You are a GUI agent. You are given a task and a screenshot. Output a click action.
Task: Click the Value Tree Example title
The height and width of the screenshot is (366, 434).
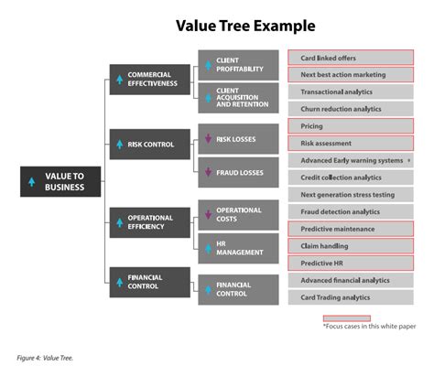[x=245, y=26]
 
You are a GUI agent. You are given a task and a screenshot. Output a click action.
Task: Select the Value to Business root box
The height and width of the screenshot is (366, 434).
[x=60, y=181]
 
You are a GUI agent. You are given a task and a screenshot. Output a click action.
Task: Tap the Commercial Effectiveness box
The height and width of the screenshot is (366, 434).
[x=150, y=80]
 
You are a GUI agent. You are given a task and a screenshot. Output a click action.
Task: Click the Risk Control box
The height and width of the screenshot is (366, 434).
[x=150, y=145]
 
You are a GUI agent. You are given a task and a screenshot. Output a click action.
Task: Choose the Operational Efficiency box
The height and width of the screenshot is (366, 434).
[x=150, y=222]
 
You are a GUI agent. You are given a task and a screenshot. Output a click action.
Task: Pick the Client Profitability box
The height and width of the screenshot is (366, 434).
[x=238, y=65]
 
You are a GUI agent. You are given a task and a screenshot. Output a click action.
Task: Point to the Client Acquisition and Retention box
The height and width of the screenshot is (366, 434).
[x=238, y=98]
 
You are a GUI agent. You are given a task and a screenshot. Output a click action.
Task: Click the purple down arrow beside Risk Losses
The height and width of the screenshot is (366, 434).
[x=208, y=138]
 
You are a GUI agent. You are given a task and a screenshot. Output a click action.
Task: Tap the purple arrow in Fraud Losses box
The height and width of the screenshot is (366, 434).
[x=208, y=172]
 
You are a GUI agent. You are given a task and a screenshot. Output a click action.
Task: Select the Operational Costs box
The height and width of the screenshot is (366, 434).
[x=238, y=215]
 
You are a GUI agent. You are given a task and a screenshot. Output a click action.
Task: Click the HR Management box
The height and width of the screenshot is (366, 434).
[x=238, y=248]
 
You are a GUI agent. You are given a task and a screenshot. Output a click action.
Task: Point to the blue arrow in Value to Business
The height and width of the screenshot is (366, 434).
[x=32, y=182]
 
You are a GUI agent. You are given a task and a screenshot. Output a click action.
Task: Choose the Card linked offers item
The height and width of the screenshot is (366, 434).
[x=351, y=58]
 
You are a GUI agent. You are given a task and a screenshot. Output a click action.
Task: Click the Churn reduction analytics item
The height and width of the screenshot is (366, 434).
[x=351, y=109]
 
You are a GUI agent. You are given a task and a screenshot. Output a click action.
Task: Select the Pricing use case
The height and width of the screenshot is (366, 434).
[x=351, y=126]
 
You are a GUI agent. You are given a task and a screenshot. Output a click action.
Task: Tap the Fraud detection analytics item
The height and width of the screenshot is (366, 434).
[x=351, y=211]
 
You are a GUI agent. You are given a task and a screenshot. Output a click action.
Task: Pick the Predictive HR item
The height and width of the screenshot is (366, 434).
[x=351, y=263]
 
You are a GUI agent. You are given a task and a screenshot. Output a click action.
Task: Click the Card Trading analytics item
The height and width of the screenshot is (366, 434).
[x=351, y=297]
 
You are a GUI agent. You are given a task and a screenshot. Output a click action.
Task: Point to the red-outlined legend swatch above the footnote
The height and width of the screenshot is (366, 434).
[x=347, y=318]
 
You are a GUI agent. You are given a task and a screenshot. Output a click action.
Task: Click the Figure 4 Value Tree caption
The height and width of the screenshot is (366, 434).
[x=45, y=358]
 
